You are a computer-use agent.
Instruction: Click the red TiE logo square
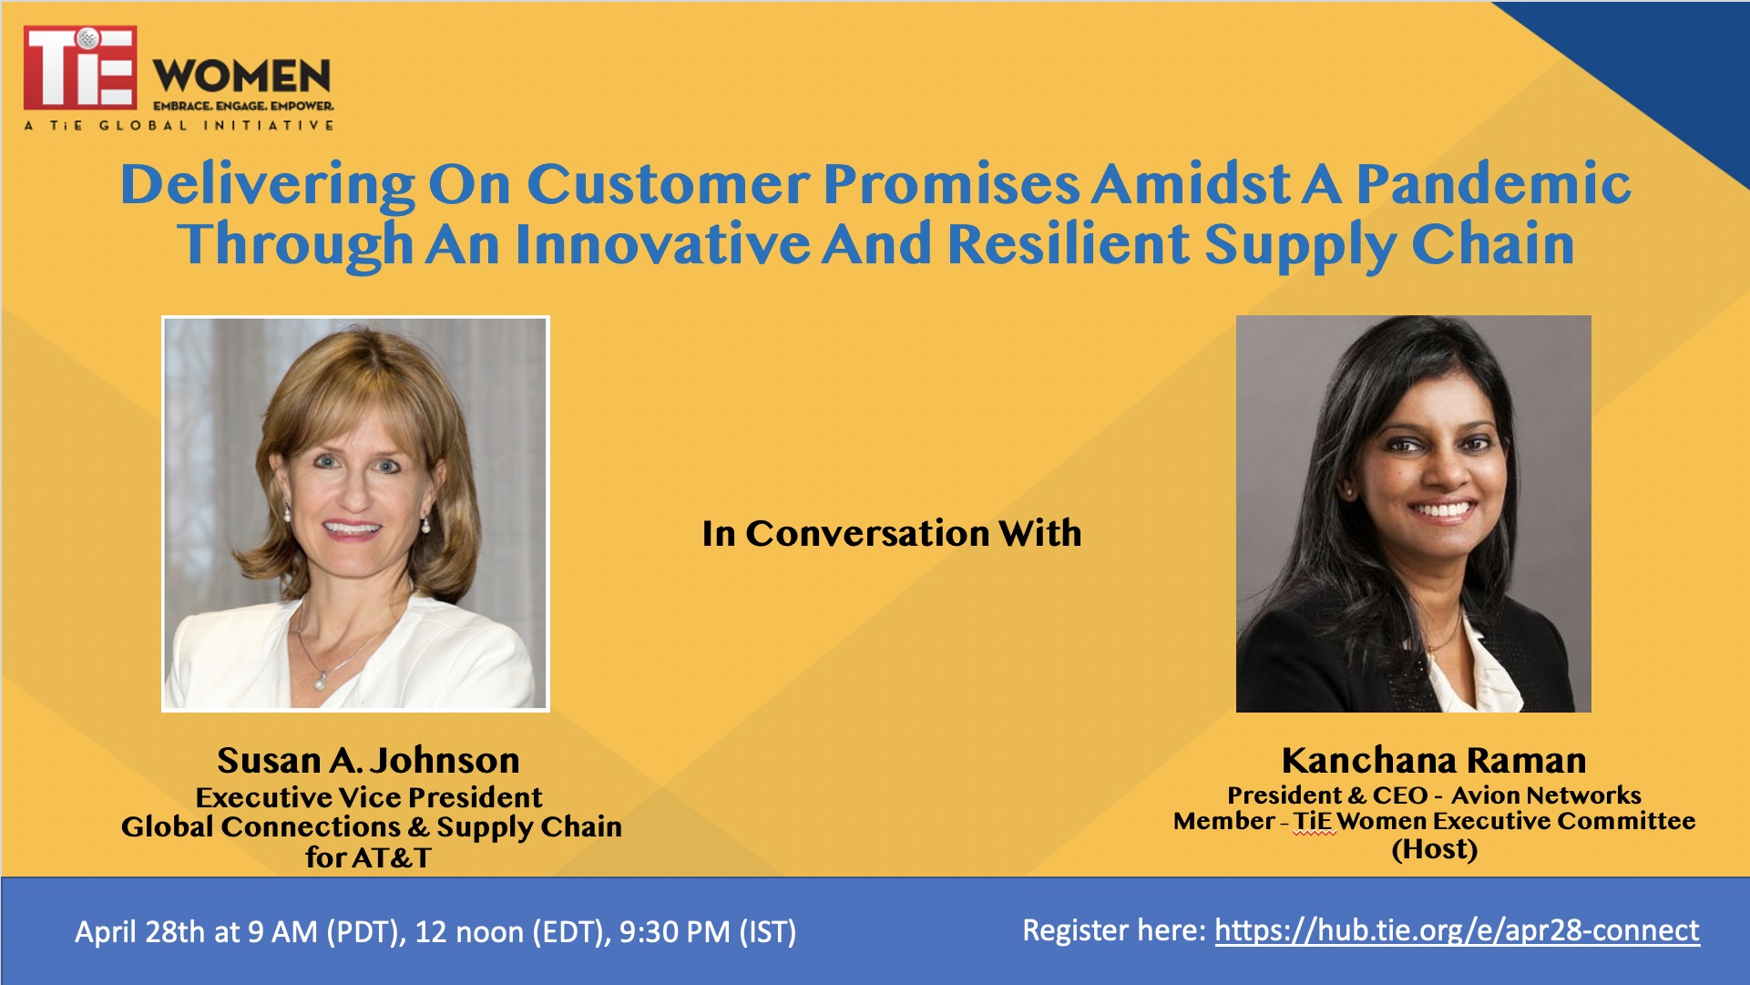coord(80,67)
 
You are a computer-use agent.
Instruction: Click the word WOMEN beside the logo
coord(242,77)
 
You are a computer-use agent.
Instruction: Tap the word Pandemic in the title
coord(1493,183)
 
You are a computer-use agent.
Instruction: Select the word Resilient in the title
coord(1069,244)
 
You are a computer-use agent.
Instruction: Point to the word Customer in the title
coord(668,184)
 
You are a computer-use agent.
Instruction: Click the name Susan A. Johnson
coord(368,760)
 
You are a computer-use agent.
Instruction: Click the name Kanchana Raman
coord(1434,760)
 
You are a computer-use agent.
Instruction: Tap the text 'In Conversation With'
coord(892,533)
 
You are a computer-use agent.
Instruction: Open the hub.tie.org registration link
coord(1457,930)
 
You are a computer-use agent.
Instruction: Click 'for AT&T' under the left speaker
coord(368,857)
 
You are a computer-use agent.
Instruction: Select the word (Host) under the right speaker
coord(1435,849)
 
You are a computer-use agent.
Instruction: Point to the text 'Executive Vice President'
coord(369,797)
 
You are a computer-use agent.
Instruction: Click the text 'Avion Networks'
coord(1546,795)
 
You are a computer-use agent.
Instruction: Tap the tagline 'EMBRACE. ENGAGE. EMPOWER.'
coord(243,106)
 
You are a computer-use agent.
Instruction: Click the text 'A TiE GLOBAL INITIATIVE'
coord(179,125)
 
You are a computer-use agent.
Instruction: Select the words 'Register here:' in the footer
coord(1114,930)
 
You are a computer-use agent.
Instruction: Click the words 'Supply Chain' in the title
coord(1389,244)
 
